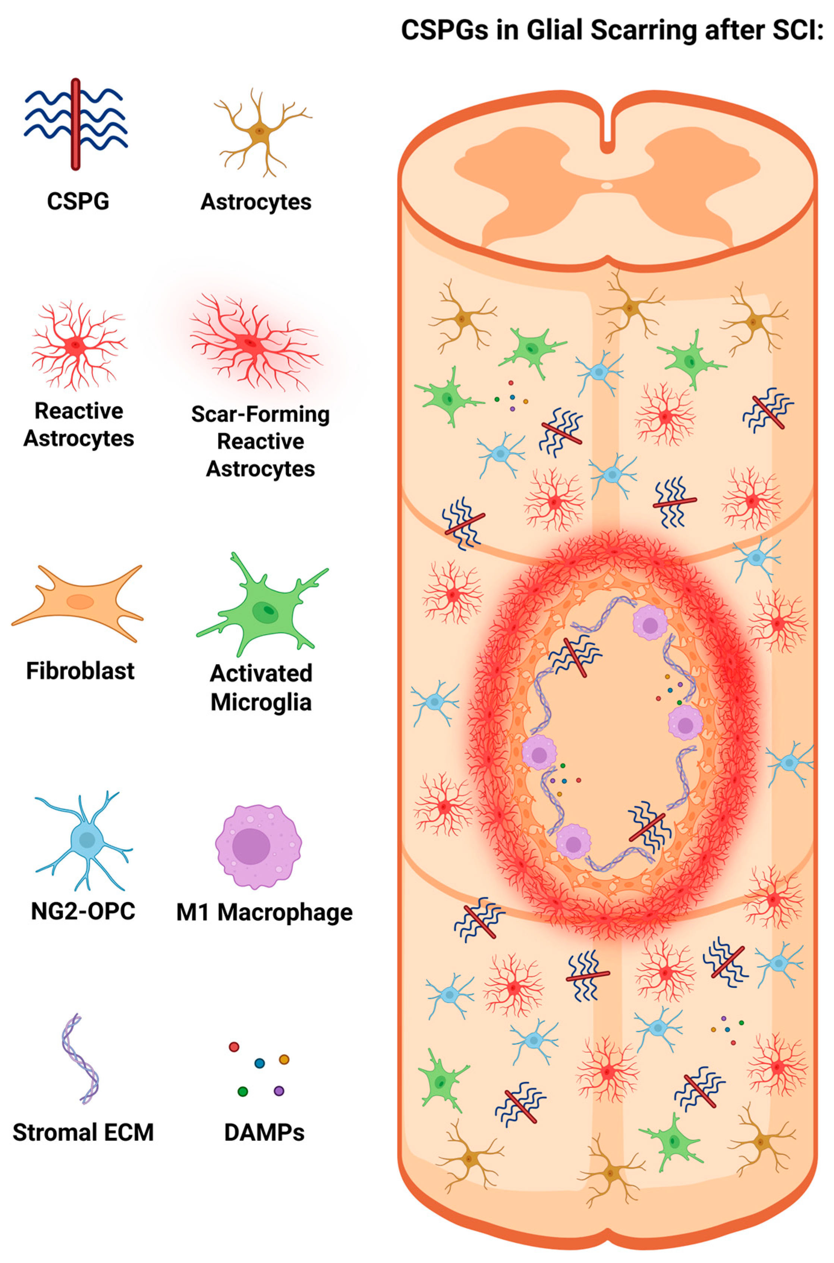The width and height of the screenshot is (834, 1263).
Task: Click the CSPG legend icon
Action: click(x=76, y=123)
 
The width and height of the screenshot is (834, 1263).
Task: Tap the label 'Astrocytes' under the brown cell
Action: click(x=256, y=202)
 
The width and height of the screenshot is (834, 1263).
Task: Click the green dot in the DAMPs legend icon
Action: click(x=243, y=1091)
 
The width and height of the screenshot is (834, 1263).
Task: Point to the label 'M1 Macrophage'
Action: click(x=264, y=912)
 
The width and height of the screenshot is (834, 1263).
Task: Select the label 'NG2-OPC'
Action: click(x=83, y=911)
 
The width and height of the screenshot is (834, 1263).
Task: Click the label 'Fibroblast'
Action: click(x=80, y=671)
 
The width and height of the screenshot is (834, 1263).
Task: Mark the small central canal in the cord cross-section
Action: click(x=606, y=186)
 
